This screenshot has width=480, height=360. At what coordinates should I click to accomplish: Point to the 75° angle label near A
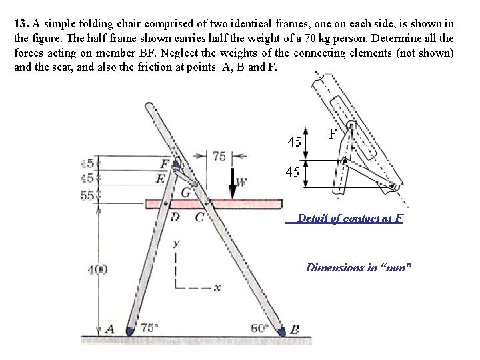[x=150, y=327]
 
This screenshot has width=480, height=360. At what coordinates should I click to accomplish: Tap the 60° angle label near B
[x=260, y=327]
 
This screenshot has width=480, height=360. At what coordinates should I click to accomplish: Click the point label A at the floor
[x=109, y=328]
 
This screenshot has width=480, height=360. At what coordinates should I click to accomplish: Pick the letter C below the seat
[x=199, y=216]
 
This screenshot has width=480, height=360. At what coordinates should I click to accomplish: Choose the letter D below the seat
[x=175, y=216]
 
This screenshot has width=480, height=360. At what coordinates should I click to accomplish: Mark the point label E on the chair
[x=160, y=178]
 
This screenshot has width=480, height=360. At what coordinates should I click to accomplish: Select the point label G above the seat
[x=185, y=192]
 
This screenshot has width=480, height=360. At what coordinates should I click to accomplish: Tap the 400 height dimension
[x=98, y=269]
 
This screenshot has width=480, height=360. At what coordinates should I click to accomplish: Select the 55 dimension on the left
[x=87, y=195]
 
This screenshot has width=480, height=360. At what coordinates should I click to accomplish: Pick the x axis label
[x=217, y=288]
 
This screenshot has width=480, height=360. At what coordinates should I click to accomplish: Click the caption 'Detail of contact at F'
[x=349, y=218]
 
